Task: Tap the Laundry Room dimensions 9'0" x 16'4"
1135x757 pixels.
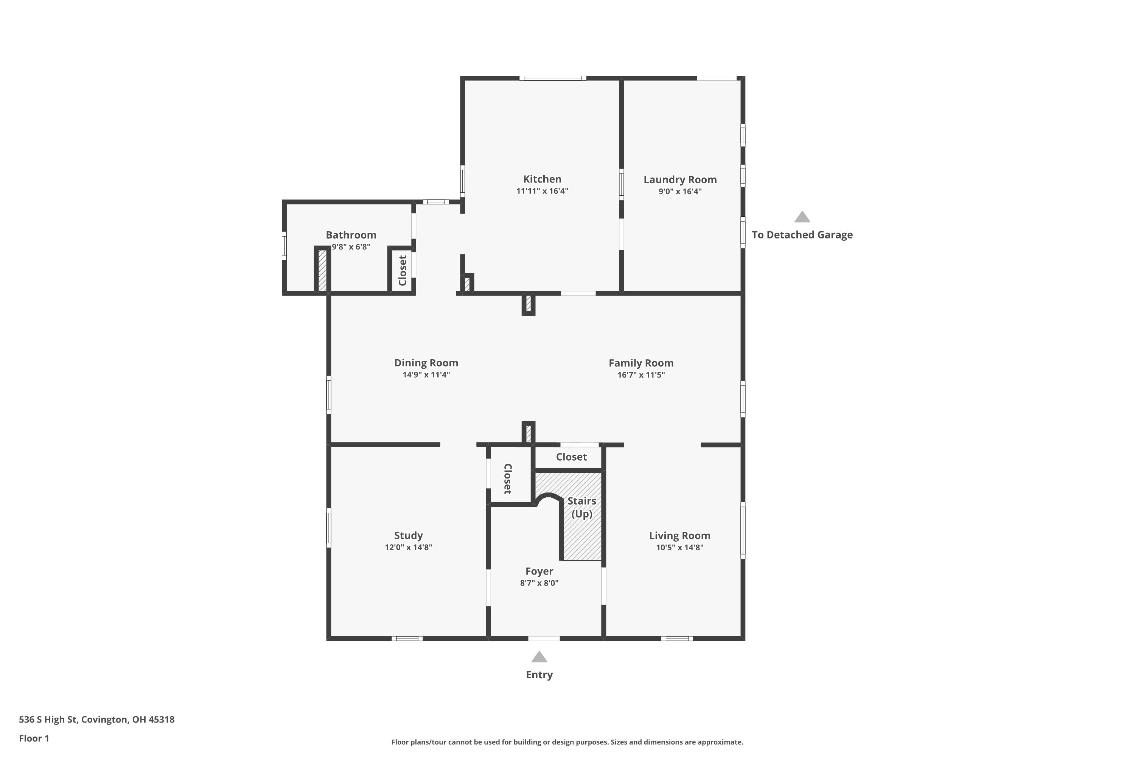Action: tap(680, 191)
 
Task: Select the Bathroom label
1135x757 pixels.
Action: tap(351, 235)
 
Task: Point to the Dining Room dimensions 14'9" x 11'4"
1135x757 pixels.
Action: tap(426, 375)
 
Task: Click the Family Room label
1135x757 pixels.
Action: tap(641, 363)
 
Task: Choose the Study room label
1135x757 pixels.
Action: tap(408, 536)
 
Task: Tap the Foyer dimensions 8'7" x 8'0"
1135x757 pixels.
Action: tap(539, 583)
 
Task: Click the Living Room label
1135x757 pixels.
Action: tap(679, 536)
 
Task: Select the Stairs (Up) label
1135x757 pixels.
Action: tap(581, 508)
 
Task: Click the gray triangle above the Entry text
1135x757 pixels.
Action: tap(539, 657)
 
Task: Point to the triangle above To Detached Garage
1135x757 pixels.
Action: tap(802, 217)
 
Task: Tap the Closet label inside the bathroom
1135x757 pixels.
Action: tap(403, 270)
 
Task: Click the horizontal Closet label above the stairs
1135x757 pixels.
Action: tap(571, 457)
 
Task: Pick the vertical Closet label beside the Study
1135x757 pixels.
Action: tap(508, 479)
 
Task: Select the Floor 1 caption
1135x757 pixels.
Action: tap(34, 738)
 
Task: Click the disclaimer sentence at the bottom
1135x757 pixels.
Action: tap(567, 742)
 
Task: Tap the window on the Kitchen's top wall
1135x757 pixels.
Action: tap(552, 78)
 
